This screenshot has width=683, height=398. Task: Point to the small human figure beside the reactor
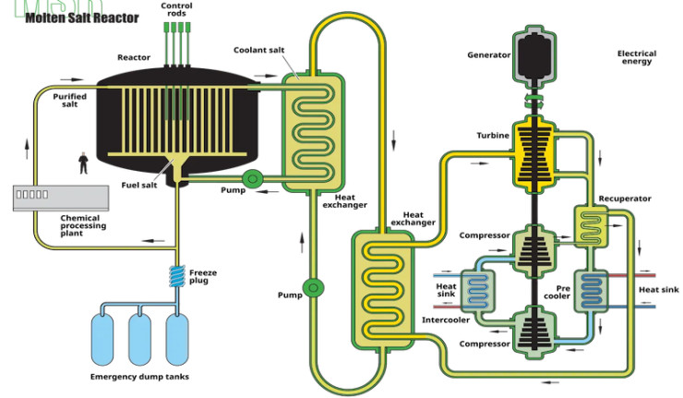coord(84,163)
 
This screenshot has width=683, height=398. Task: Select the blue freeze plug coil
coord(175,275)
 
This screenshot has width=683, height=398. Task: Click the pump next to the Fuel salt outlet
coord(250,178)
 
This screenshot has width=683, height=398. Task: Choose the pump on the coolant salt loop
coord(314,287)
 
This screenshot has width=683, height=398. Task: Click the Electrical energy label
coord(637,57)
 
